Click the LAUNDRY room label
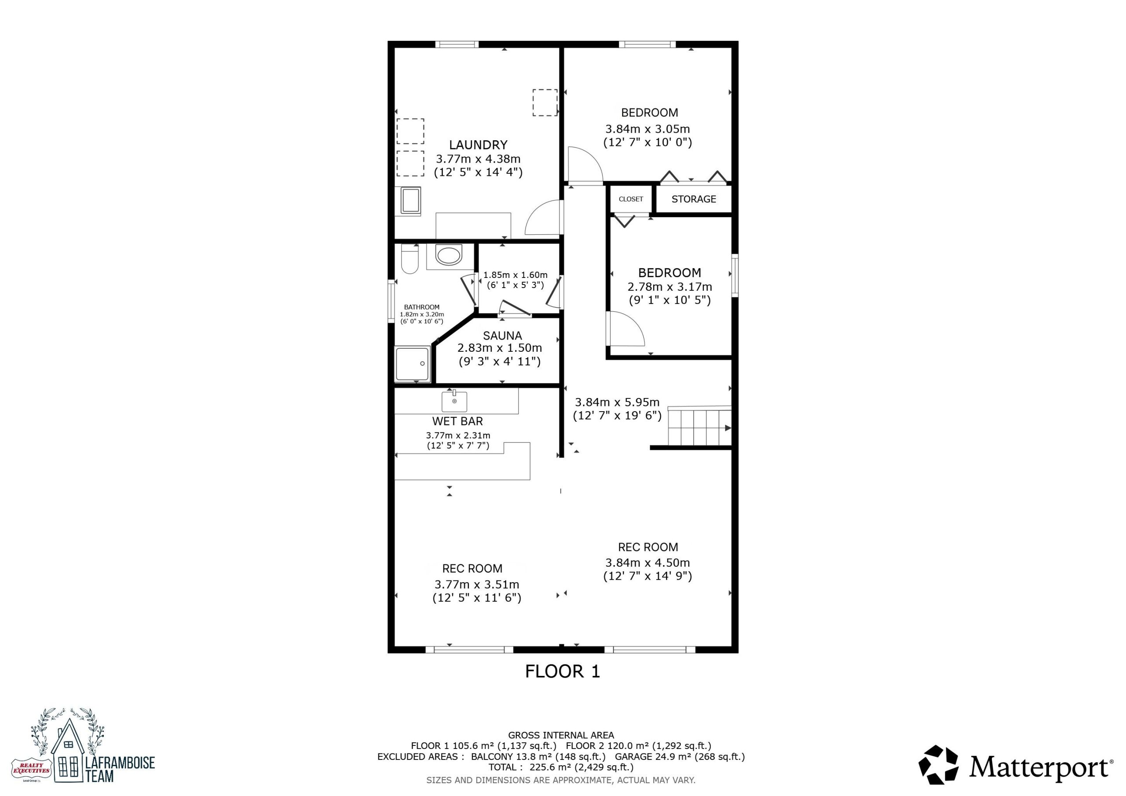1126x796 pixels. pyautogui.click(x=478, y=145)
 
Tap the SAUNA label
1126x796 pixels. pyautogui.click(x=502, y=336)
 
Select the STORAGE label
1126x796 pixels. pyautogui.click(x=694, y=199)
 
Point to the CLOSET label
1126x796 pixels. pyautogui.click(x=631, y=199)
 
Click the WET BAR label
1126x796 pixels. pyautogui.click(x=457, y=421)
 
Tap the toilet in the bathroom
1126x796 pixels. pyautogui.click(x=409, y=259)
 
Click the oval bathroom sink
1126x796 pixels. pyautogui.click(x=448, y=256)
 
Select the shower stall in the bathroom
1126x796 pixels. pyautogui.click(x=413, y=363)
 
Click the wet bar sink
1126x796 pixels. pyautogui.click(x=454, y=401)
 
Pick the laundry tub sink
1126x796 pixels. pyautogui.click(x=410, y=201)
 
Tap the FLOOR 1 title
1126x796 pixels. pyautogui.click(x=563, y=672)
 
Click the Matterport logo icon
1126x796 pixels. pyautogui.click(x=938, y=765)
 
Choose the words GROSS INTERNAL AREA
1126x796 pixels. pyautogui.click(x=561, y=735)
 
